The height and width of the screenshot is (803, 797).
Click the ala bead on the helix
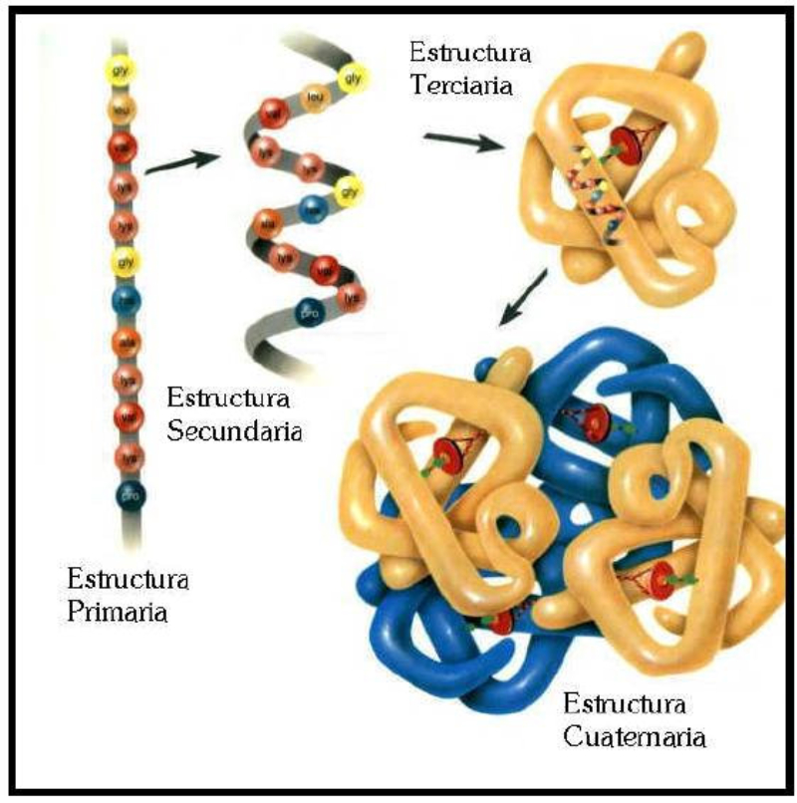(x=265, y=223)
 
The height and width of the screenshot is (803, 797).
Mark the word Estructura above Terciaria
(x=466, y=52)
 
